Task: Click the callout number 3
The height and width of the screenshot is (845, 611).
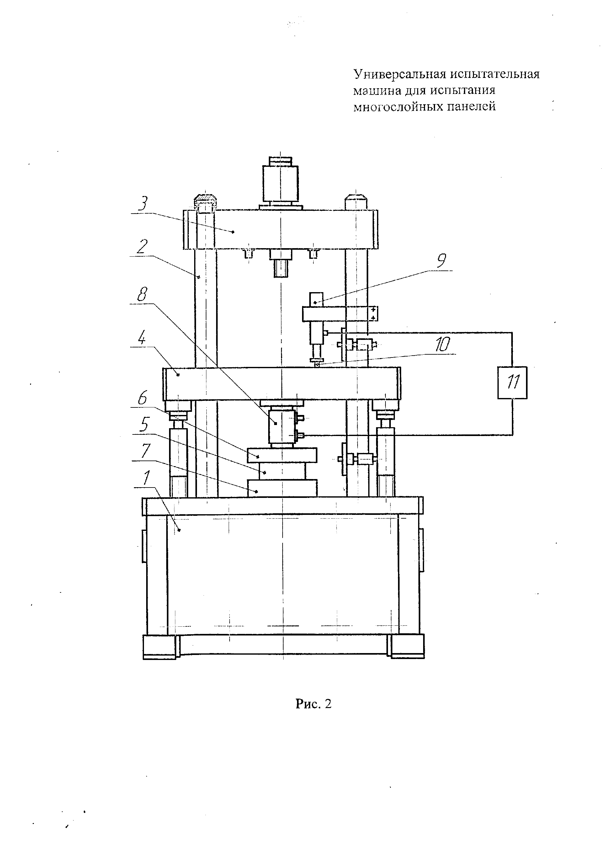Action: coord(142,204)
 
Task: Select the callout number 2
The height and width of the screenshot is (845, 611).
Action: coord(142,247)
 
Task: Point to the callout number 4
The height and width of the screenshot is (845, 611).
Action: coord(142,338)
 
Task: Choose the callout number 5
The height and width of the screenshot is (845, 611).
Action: coord(144,424)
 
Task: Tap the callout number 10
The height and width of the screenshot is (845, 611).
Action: coord(443,345)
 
